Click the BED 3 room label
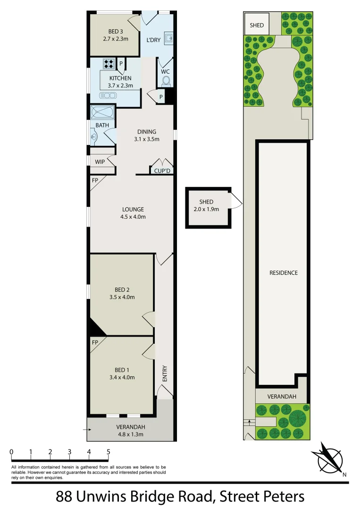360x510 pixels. pos(116,32)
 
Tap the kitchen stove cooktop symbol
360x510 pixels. pos(109,63)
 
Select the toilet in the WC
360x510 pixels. pos(166,81)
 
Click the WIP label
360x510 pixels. pos(100,161)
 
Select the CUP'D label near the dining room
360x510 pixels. pos(162,171)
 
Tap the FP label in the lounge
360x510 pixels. pos(95,180)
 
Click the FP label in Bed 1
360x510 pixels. pos(95,342)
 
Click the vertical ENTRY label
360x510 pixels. pos(165,374)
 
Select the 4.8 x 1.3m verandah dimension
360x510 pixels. pos(130,434)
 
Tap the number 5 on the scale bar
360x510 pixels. pos(109,452)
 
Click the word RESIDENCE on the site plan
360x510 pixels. pos(284,273)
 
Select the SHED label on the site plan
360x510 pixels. pos(257,25)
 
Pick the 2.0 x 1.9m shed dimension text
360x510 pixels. pos(206,209)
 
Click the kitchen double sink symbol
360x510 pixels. pos(108,95)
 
